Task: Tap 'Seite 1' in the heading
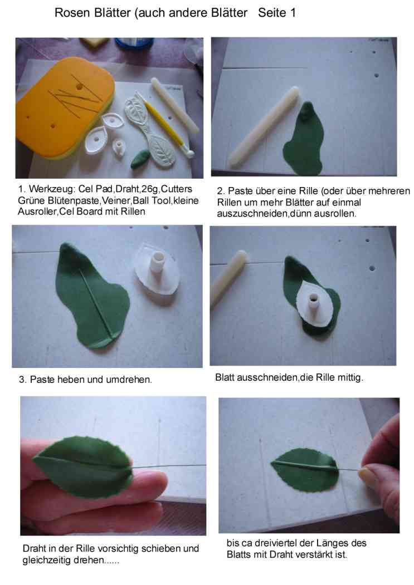277,13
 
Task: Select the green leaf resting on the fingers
83,468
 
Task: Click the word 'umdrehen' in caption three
129,380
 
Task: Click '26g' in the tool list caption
149,189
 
